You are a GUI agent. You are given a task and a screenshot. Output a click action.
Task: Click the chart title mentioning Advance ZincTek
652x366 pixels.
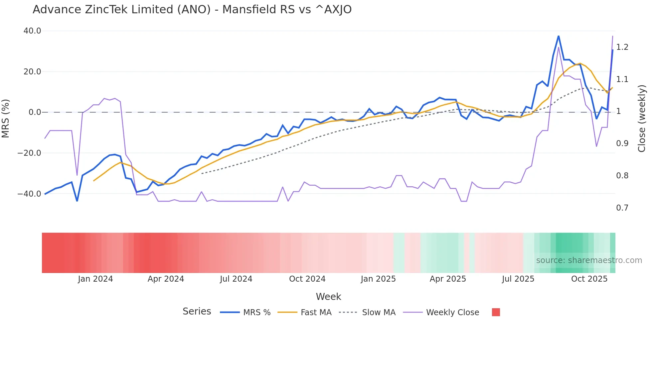coord(192,10)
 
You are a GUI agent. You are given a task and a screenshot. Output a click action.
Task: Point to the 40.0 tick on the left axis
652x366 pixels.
coord(32,31)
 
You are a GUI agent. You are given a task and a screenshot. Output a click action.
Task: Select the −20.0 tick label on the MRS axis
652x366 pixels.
coord(29,153)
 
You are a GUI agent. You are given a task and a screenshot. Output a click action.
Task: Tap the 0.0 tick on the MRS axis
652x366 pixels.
coord(35,112)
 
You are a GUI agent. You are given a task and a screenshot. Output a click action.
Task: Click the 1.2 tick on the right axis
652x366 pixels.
coord(622,47)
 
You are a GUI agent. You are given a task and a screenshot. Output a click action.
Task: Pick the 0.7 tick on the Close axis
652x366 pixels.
coord(622,208)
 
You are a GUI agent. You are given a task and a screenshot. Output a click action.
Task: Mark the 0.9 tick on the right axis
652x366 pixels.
coord(622,143)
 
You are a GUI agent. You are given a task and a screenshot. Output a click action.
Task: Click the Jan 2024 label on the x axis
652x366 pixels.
coord(95,279)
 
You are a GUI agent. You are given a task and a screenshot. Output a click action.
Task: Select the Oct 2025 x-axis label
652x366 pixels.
coord(589,279)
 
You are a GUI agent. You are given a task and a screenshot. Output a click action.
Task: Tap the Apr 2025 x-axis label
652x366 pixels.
coord(448,279)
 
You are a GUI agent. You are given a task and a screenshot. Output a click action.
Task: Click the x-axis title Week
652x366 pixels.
coord(328,297)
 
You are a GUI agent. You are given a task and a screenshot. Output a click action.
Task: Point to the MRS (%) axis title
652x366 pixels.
coord(5,118)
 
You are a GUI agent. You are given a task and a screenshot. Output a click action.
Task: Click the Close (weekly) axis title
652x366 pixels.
coord(642,118)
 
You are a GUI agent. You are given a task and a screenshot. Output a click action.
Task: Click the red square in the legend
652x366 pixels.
coord(496,312)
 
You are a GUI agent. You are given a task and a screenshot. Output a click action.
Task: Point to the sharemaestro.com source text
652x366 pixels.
coord(589,260)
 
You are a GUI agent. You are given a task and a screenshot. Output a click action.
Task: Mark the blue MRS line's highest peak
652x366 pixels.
coord(559,36)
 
